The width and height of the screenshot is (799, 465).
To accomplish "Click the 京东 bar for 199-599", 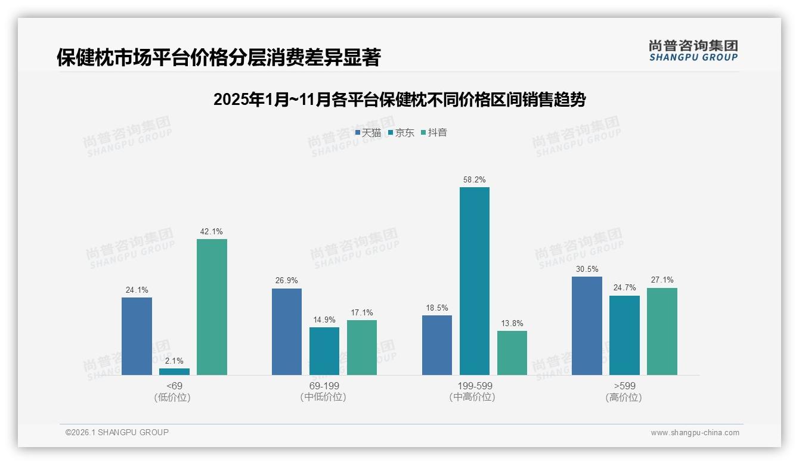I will pyautogui.click(x=474, y=281).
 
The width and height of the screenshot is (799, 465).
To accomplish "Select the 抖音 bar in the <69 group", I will pyautogui.click(x=212, y=307).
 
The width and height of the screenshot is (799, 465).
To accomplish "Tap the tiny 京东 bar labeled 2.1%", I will pyautogui.click(x=174, y=371).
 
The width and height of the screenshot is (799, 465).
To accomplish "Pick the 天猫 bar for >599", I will pyautogui.click(x=587, y=325).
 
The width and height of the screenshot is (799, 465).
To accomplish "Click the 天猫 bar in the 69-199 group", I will pyautogui.click(x=287, y=331).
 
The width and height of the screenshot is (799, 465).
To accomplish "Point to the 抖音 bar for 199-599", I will pyautogui.click(x=512, y=353).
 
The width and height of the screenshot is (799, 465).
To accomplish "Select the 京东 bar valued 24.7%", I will pyautogui.click(x=624, y=335).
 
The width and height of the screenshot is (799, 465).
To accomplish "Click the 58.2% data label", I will pyautogui.click(x=474, y=179).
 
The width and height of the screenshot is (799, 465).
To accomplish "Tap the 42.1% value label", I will pyautogui.click(x=212, y=231).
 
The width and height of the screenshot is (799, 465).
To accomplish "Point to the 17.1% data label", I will pyautogui.click(x=362, y=312).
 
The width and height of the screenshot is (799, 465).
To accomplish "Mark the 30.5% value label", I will pyautogui.click(x=587, y=269).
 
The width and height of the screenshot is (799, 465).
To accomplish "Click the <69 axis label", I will pyautogui.click(x=174, y=386).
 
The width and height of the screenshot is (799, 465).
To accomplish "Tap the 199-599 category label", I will pyautogui.click(x=474, y=386).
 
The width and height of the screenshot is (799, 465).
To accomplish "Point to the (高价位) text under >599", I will pyautogui.click(x=624, y=397).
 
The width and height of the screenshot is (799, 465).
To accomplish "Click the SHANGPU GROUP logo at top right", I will pyautogui.click(x=693, y=51).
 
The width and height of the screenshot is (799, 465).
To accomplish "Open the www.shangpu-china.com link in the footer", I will pyautogui.click(x=695, y=433).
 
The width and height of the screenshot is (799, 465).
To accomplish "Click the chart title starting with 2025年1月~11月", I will pyautogui.click(x=399, y=100).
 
